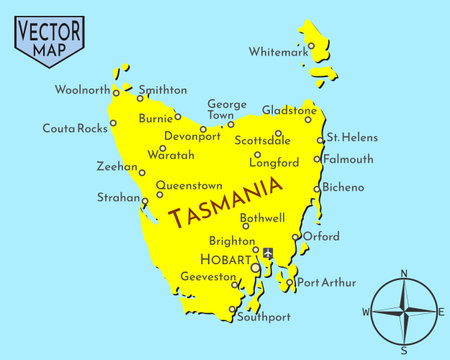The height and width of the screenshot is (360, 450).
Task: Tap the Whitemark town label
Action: pyautogui.click(x=279, y=52)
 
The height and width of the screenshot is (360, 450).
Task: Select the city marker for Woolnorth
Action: pyautogui.click(x=116, y=94)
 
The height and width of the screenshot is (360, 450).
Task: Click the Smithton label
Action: pyautogui.click(x=163, y=89)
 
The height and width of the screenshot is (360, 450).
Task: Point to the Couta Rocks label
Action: pyautogui.click(x=74, y=128)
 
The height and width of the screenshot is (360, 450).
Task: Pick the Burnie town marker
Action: pyautogui.click(x=178, y=117)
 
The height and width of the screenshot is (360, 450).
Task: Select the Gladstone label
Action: pyautogui.click(x=290, y=110)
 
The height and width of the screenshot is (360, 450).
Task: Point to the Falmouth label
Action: pyautogui.click(x=348, y=159)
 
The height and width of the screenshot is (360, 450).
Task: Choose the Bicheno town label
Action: pyautogui.click(x=344, y=187)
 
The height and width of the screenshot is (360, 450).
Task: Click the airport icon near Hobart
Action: pyautogui.click(x=267, y=254)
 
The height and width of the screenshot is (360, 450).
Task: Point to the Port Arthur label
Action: pyautogui.click(x=326, y=283)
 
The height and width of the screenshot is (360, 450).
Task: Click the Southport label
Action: pyautogui.click(x=263, y=318)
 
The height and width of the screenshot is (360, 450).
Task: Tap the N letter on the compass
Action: pyautogui.click(x=404, y=273)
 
